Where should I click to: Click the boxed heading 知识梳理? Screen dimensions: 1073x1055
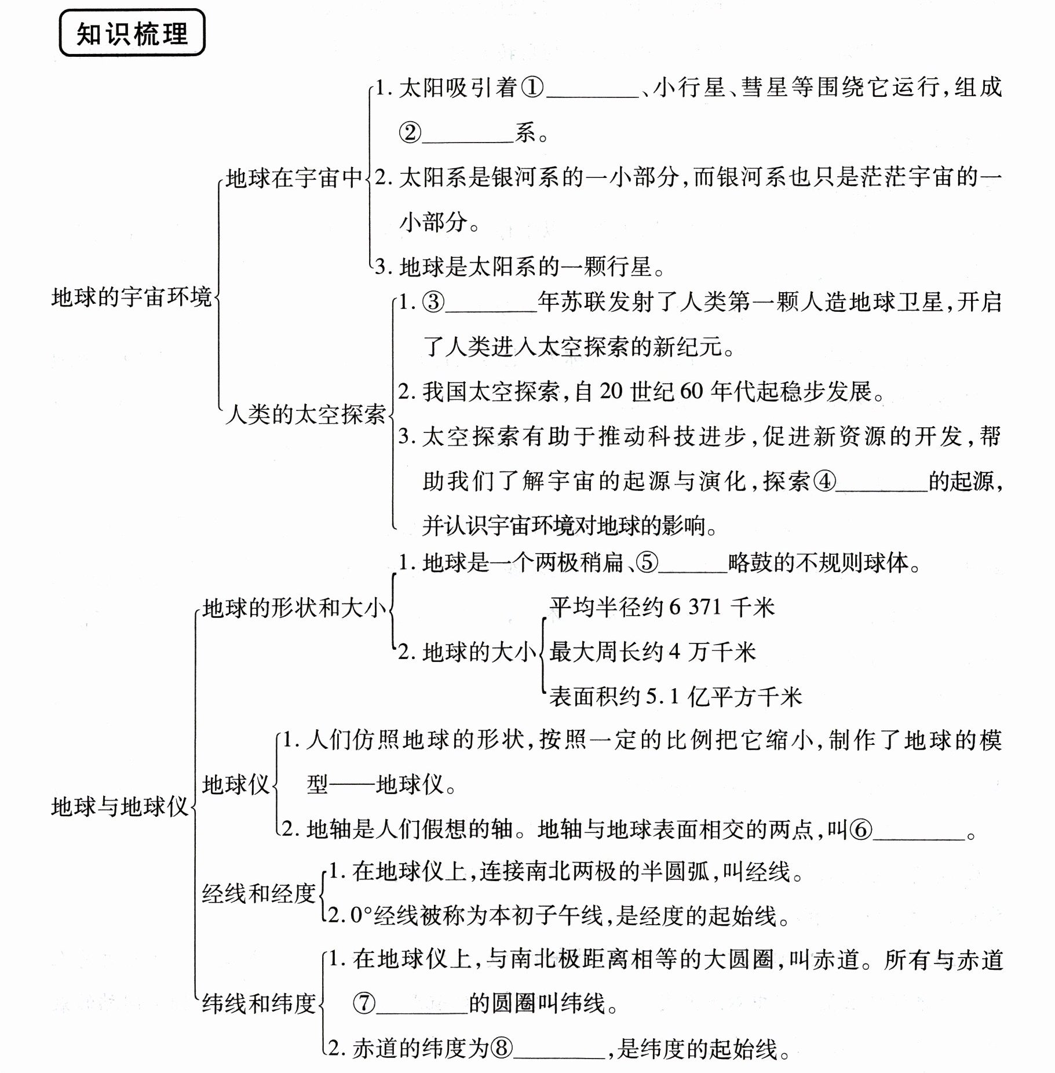[132, 34]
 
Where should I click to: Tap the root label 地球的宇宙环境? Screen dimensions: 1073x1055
[132, 297]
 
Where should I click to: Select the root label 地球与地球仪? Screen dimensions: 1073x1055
[120, 807]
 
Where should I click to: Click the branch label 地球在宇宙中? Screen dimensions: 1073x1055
[294, 178]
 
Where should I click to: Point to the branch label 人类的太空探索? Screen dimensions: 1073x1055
[305, 414]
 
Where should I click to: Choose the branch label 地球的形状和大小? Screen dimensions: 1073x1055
[294, 608]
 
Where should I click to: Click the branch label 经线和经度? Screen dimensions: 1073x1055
[258, 893]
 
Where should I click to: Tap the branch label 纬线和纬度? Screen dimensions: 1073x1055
[258, 1003]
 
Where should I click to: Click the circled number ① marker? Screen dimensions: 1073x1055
[532, 88]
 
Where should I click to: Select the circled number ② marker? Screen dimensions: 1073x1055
[410, 133]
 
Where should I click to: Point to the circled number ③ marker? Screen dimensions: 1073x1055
[433, 303]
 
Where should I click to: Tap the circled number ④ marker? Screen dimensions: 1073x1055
[824, 481]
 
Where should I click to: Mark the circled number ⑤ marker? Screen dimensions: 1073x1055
[647, 562]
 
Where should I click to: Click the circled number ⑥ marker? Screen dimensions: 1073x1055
[860, 830]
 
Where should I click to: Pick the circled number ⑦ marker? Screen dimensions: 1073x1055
[364, 1003]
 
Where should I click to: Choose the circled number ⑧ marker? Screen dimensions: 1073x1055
[502, 1048]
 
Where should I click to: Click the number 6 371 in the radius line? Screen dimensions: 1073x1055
[695, 608]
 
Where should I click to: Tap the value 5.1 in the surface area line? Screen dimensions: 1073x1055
[662, 696]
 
